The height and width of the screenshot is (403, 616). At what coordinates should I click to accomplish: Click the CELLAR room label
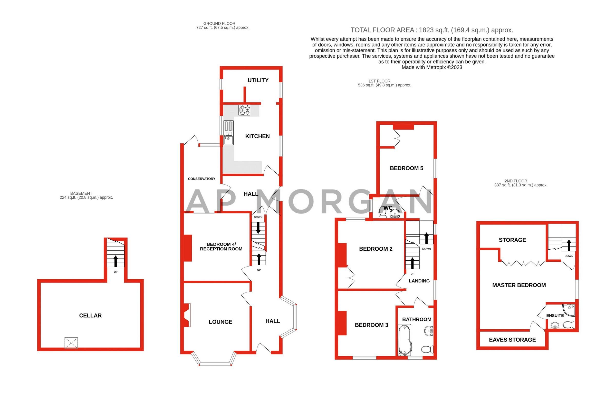click(90, 316)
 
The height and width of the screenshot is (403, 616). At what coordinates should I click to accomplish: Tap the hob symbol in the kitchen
click(244, 110)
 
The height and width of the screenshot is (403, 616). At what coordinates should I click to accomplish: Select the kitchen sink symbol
click(228, 133)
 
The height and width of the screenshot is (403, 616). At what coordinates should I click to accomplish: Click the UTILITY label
click(258, 80)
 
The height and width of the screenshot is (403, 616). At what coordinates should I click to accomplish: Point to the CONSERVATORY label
click(201, 179)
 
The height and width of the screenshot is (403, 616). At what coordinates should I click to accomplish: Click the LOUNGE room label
click(220, 322)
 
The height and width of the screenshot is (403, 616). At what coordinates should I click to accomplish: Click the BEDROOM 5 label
click(406, 168)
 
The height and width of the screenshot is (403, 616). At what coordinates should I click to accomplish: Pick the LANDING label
click(419, 281)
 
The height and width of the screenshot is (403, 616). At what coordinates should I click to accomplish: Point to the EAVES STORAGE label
click(512, 340)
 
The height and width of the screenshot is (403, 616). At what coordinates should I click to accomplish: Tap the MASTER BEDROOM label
click(519, 285)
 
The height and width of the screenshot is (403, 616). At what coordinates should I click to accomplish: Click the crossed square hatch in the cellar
click(71, 343)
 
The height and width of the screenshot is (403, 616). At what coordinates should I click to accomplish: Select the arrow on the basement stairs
click(115, 261)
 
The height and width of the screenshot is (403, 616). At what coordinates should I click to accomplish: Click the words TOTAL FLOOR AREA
click(382, 30)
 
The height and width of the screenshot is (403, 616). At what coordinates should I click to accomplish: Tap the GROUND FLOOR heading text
click(219, 24)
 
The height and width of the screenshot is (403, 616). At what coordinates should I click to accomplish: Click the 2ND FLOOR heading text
click(516, 181)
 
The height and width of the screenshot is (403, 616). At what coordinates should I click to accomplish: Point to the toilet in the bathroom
click(427, 349)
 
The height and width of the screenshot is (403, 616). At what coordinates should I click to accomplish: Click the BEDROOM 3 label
click(371, 325)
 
